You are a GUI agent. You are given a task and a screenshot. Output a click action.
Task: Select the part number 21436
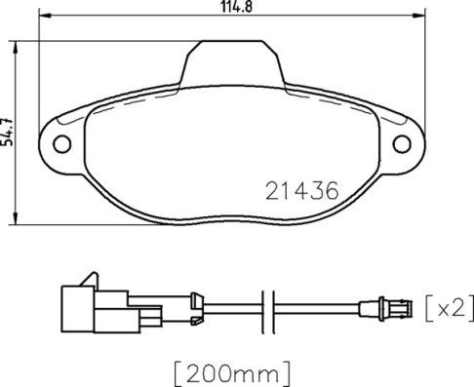(x=301, y=192)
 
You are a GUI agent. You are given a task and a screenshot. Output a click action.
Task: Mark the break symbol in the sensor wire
(x=275, y=310)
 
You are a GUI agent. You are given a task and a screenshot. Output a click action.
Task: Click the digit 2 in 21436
(x=272, y=192)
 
